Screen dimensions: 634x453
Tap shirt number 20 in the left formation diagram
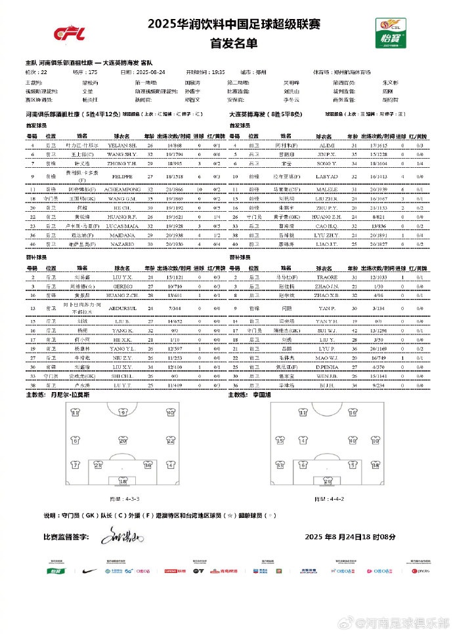(123, 441)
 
